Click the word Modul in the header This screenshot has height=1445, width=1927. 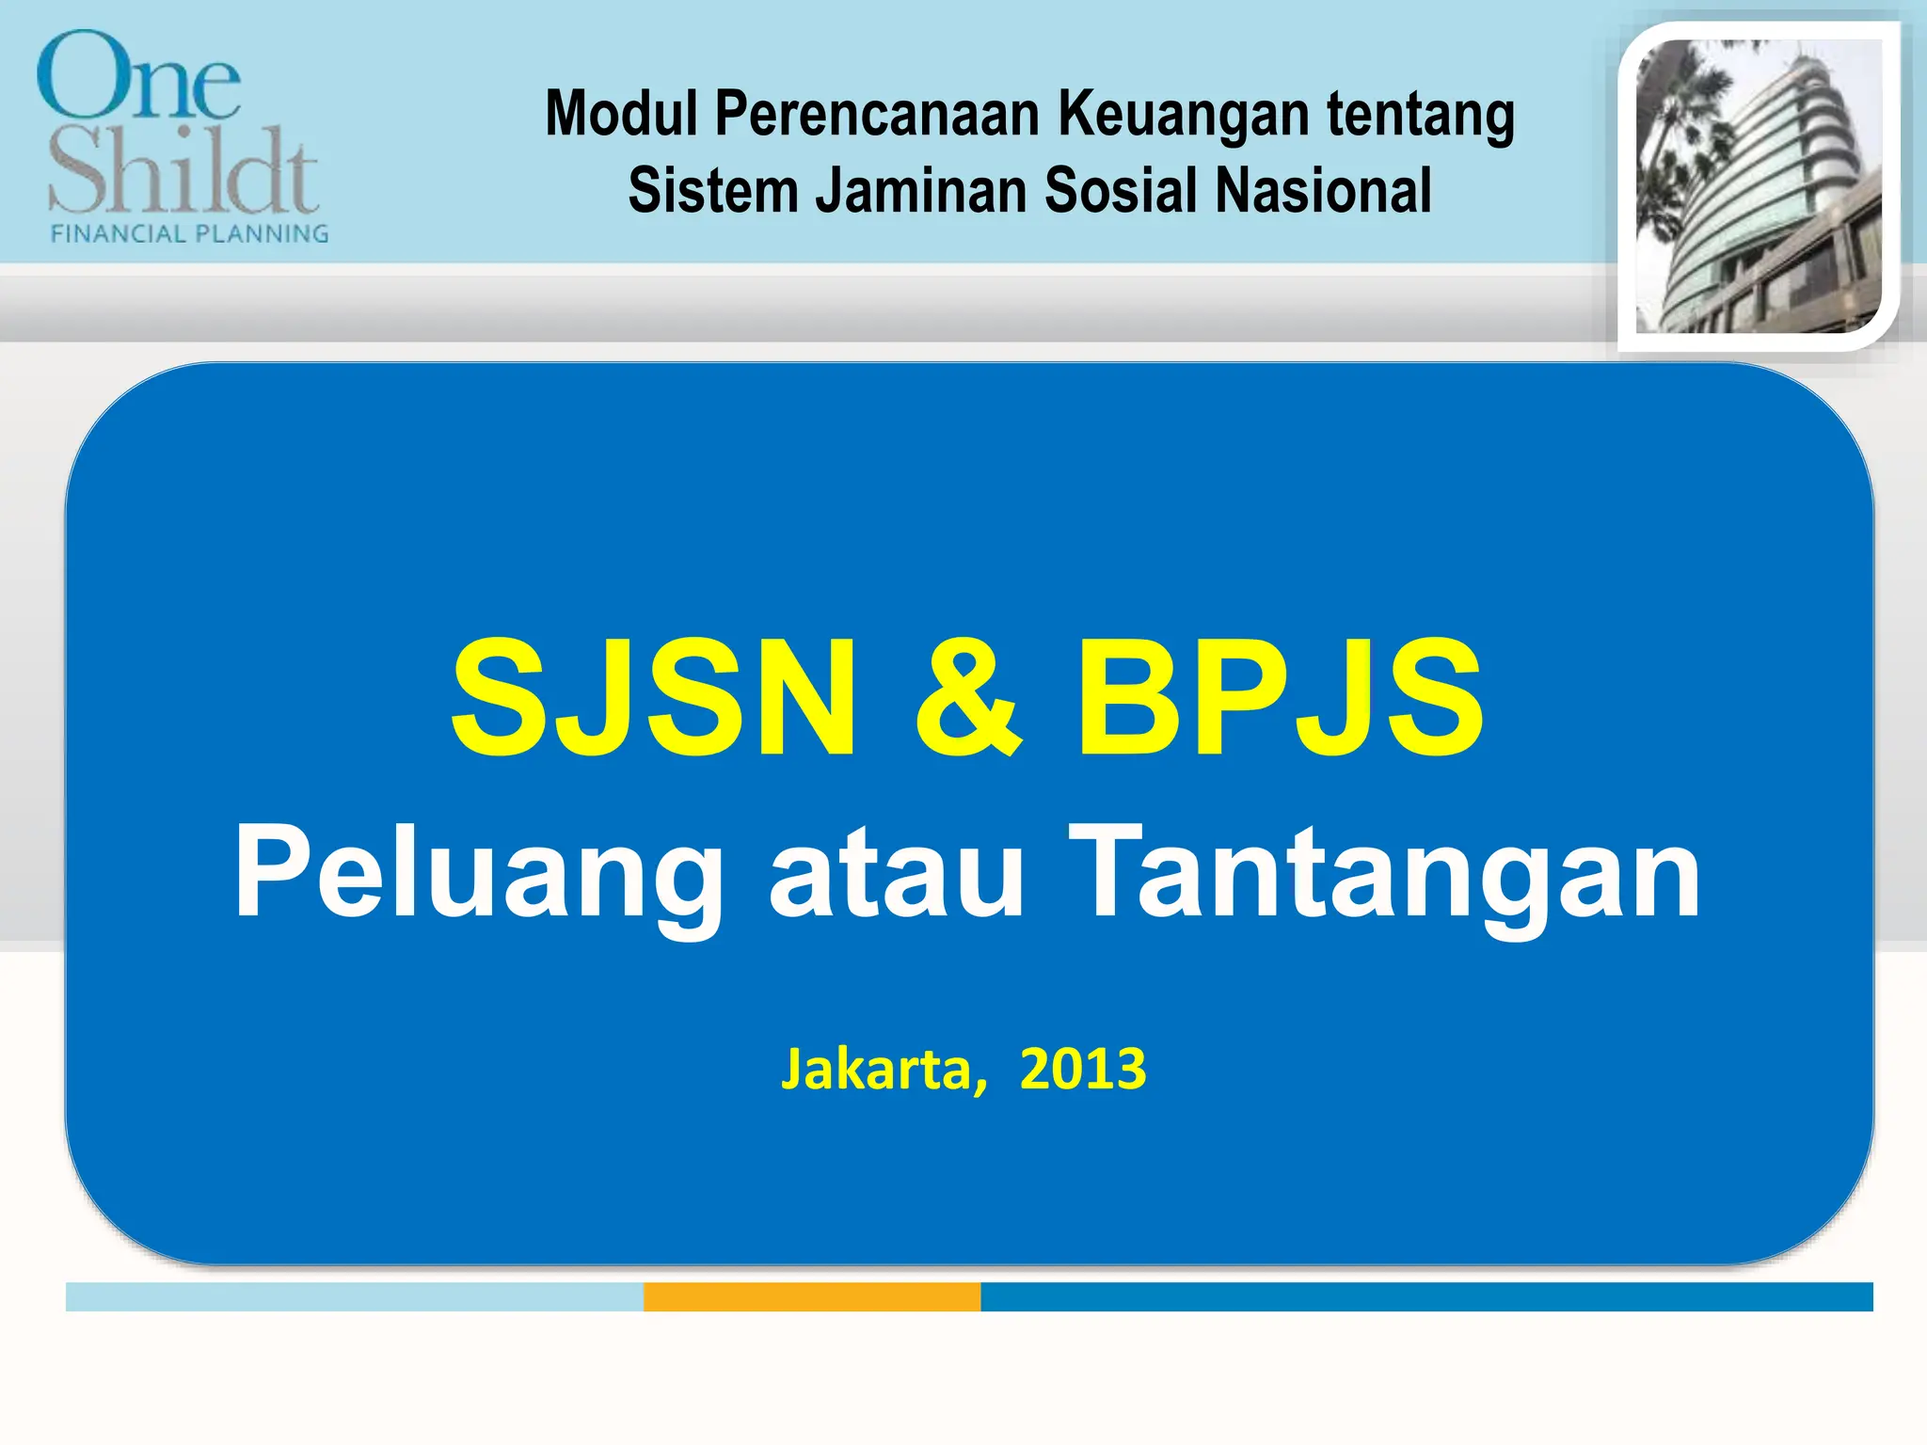pyautogui.click(x=621, y=114)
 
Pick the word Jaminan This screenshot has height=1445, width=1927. pyautogui.click(x=920, y=191)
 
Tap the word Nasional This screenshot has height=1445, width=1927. pyautogui.click(x=1323, y=191)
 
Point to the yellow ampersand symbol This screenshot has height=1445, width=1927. pyautogui.click(x=967, y=699)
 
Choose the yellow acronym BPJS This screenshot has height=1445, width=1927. pyautogui.click(x=1280, y=697)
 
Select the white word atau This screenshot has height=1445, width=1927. pyautogui.click(x=896, y=872)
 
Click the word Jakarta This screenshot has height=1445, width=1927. pyautogui.click(x=884, y=1070)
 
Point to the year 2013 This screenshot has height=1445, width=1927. pyautogui.click(x=1083, y=1070)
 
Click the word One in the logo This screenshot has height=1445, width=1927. pyautogui.click(x=138, y=77)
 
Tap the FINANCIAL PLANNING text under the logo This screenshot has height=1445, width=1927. pyautogui.click(x=189, y=233)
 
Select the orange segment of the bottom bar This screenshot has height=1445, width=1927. pyautogui.click(x=811, y=1296)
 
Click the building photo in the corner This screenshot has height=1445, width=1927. pyautogui.click(x=1758, y=186)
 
